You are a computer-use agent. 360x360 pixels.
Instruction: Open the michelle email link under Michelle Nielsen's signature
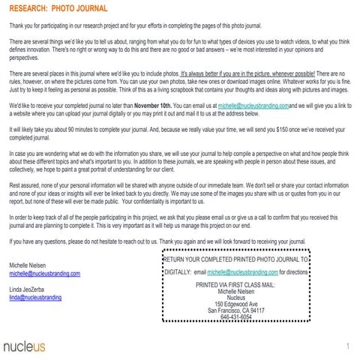click(x=44, y=274)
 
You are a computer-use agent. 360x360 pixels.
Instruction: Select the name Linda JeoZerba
click(x=32, y=289)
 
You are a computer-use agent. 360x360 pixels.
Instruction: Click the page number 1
click(x=349, y=346)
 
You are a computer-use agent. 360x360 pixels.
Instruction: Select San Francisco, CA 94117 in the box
click(x=236, y=309)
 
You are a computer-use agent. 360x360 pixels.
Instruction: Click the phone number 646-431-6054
click(x=236, y=316)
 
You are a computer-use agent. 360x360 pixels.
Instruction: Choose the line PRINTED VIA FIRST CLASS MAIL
click(x=236, y=286)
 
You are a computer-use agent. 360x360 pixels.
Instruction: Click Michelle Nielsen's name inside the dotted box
click(x=236, y=291)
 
